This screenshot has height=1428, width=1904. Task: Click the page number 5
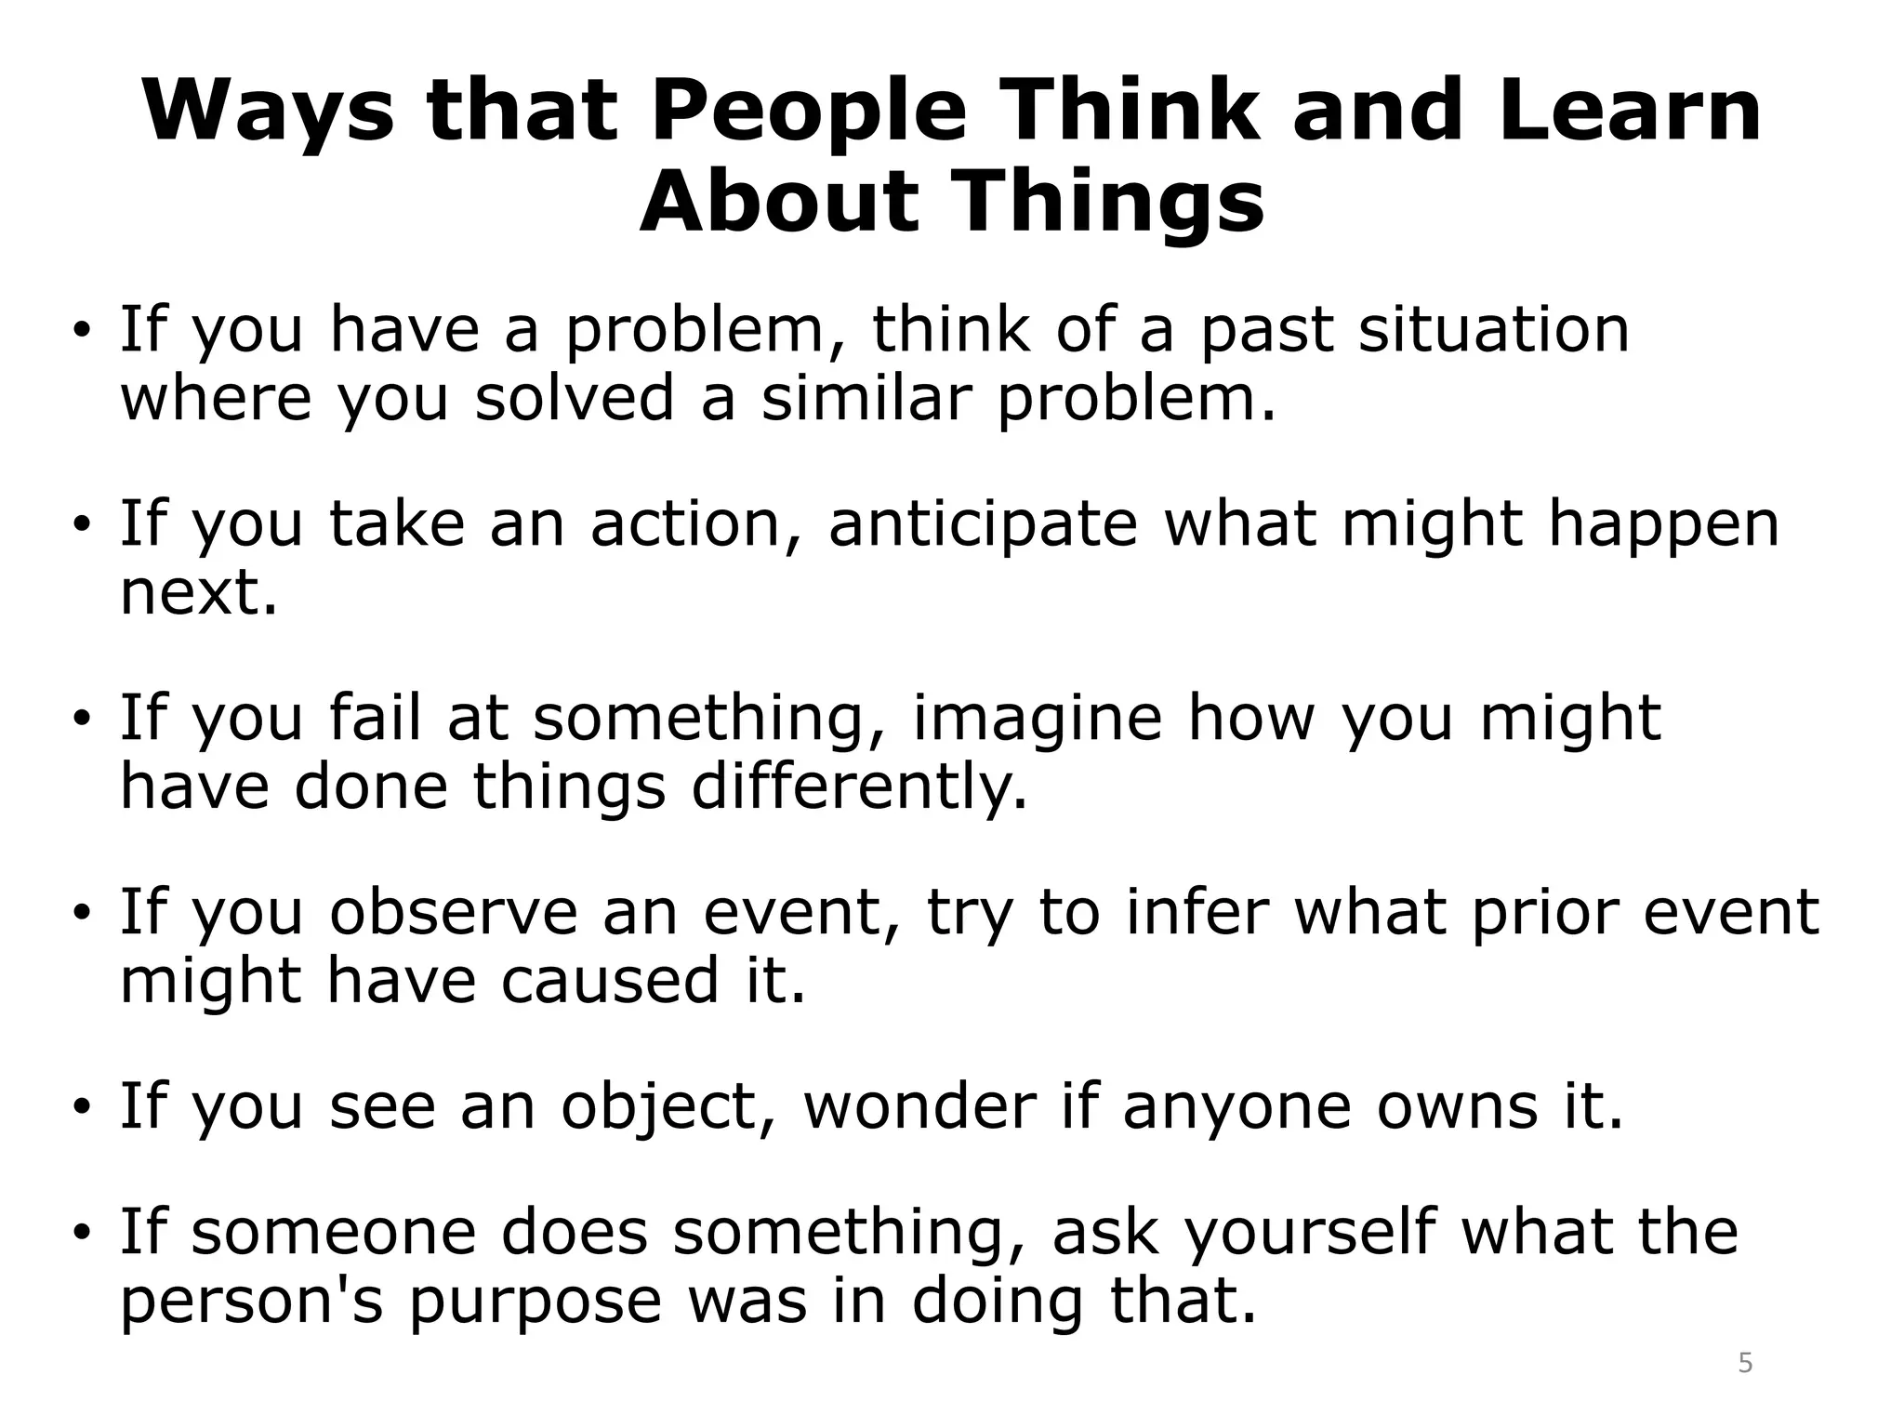click(1745, 1364)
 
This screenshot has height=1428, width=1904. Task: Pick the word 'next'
click(197, 592)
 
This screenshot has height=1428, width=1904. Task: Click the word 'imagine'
click(1037, 718)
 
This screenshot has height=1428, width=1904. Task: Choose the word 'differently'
click(858, 787)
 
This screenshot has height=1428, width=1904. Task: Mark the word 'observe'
click(454, 912)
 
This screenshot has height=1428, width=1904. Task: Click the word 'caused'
click(610, 981)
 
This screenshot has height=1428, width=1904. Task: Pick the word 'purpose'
click(535, 1302)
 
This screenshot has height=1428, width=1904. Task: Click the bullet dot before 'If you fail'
click(83, 720)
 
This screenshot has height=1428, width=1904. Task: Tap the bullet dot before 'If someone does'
click(83, 1234)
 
